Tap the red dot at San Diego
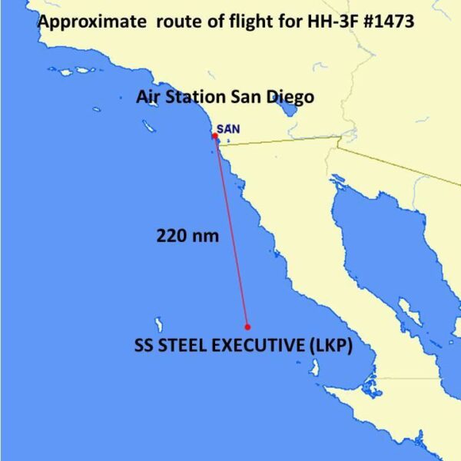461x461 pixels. point(215,136)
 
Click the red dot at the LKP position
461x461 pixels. point(247,326)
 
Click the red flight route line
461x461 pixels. point(231,230)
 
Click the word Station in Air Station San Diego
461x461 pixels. point(197,97)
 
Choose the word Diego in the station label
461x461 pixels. point(292,97)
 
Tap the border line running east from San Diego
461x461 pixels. point(277,143)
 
